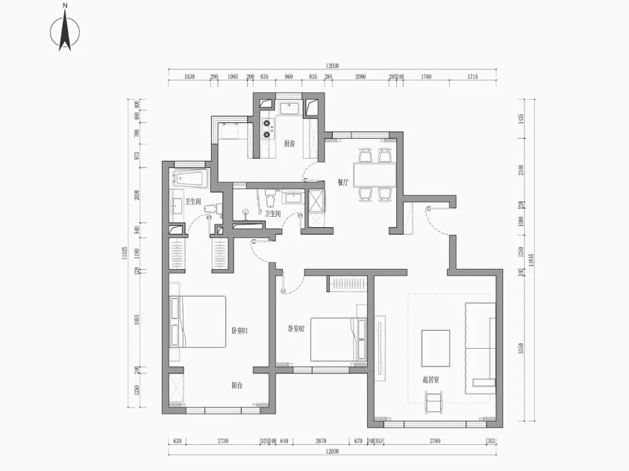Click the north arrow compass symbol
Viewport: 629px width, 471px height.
(65, 30)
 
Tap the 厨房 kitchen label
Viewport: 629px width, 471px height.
(290, 144)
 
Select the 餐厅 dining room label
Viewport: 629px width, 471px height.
(343, 181)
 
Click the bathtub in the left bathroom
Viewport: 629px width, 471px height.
(193, 179)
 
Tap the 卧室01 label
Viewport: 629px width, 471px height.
(240, 330)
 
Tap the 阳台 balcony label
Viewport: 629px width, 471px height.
(237, 385)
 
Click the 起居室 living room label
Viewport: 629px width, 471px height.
(431, 379)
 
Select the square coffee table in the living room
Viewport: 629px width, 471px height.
(436, 349)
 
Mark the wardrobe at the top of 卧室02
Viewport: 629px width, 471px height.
(349, 283)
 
